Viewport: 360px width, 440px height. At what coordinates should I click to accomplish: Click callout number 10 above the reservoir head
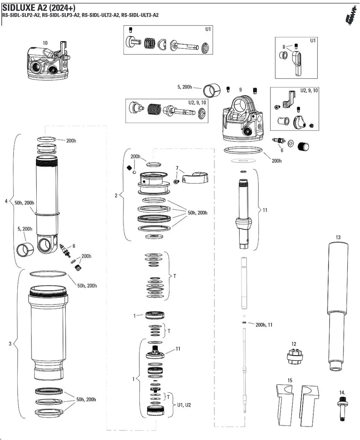[x=45, y=43]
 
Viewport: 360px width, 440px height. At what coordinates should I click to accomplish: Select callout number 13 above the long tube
[x=338, y=237]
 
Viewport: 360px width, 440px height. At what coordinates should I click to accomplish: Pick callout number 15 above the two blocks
[x=290, y=381]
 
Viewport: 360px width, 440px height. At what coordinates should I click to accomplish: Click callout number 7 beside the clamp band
[x=177, y=168]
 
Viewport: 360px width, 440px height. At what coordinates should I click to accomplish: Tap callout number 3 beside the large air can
[x=10, y=344]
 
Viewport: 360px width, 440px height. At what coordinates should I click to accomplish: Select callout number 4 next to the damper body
[x=6, y=201]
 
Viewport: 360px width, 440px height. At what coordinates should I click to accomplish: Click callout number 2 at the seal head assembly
[x=116, y=195]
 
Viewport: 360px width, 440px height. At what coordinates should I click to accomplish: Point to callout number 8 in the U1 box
[x=284, y=47]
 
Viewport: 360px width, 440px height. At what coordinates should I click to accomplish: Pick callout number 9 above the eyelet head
[x=240, y=90]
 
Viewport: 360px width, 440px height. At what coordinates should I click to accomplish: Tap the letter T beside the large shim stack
[x=174, y=276]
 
